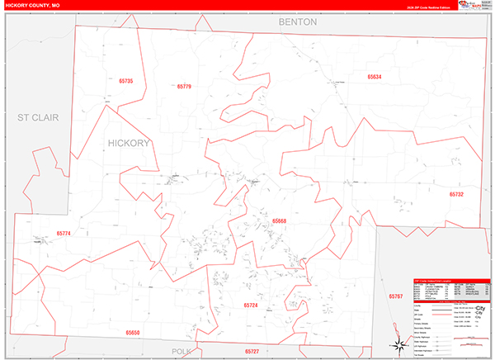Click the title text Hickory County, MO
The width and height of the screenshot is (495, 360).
[32, 5]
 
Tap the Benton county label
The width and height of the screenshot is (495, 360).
[297, 22]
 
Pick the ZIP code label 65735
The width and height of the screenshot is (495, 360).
[125, 81]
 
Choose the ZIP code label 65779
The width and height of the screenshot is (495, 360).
[183, 87]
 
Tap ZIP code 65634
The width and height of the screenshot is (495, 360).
[375, 77]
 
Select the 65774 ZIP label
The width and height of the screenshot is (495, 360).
[64, 234]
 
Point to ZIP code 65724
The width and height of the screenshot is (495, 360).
[251, 305]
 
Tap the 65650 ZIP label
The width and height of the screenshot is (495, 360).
[133, 332]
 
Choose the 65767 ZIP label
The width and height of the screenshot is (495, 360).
[398, 295]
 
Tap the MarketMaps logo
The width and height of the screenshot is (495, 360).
[474, 7]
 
